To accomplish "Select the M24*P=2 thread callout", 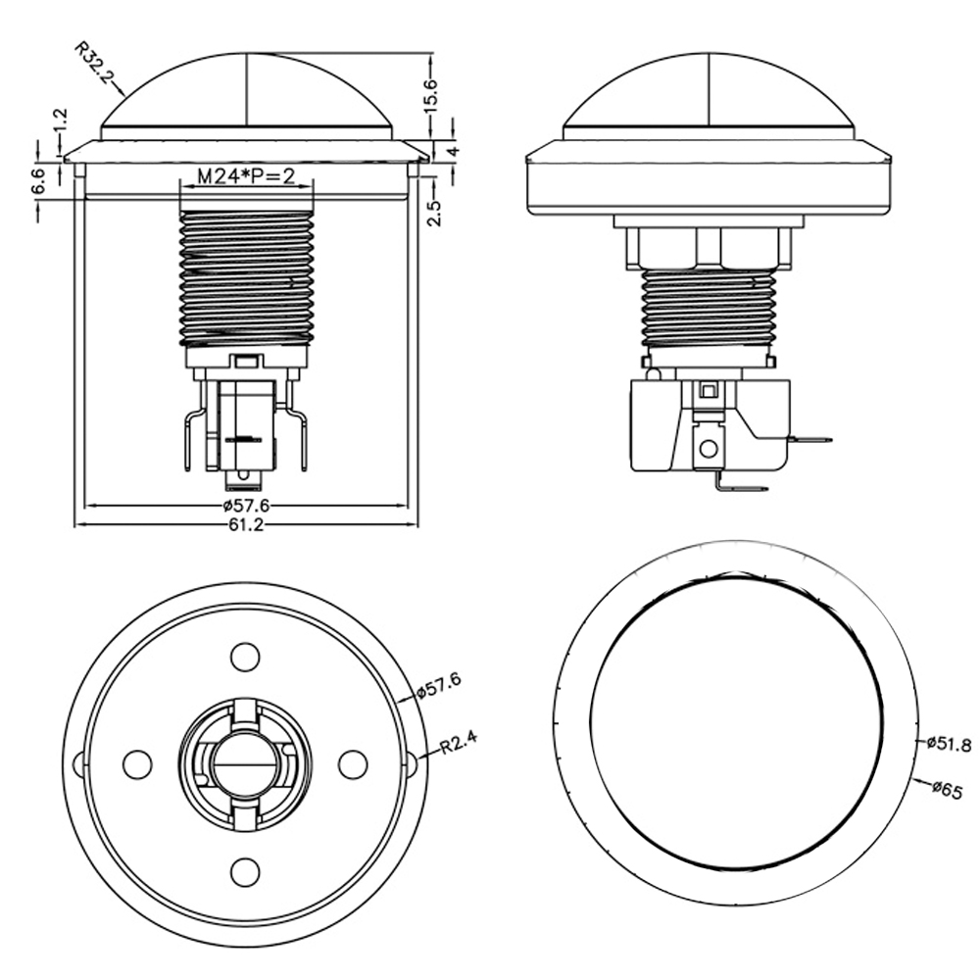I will [246, 176].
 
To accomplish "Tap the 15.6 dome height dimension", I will [432, 95].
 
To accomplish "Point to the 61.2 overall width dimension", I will [245, 525].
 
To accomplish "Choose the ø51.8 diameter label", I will [948, 745].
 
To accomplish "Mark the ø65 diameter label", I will [945, 787].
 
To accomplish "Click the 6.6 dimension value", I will [38, 182].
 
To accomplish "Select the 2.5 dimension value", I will [436, 212].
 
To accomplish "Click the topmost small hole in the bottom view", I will [244, 655].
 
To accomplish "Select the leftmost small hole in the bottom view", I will [137, 762].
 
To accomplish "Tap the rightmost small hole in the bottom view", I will [352, 762].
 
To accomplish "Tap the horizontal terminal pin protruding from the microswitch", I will [810, 440].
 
